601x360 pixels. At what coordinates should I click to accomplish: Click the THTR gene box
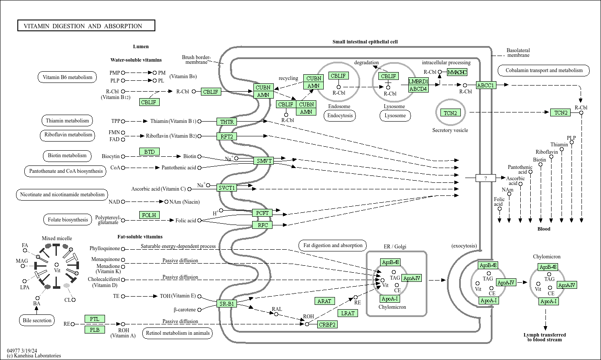227,122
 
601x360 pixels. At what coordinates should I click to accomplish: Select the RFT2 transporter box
227,136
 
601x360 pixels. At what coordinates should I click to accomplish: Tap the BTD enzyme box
149,152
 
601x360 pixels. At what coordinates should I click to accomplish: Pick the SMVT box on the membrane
264,161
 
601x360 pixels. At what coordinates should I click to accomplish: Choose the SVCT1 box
227,188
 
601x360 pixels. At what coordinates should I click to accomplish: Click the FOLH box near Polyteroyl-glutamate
149,215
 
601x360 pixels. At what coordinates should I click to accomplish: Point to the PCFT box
263,213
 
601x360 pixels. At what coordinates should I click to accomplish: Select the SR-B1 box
227,304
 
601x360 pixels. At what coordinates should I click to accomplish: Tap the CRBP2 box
327,324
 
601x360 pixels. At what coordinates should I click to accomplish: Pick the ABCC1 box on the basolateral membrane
486,85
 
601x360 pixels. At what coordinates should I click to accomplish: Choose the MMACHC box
457,72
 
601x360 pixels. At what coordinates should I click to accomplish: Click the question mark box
485,178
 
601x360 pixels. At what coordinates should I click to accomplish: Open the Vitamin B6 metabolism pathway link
67,77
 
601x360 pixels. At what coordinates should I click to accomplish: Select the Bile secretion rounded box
37,320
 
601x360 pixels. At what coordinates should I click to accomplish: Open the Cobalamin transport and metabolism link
543,70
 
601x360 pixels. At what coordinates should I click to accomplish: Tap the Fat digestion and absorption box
333,245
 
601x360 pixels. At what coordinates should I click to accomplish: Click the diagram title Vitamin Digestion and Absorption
86,26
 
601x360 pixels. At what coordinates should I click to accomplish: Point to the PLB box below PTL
95,330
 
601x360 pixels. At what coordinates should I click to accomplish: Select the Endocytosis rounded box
339,116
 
